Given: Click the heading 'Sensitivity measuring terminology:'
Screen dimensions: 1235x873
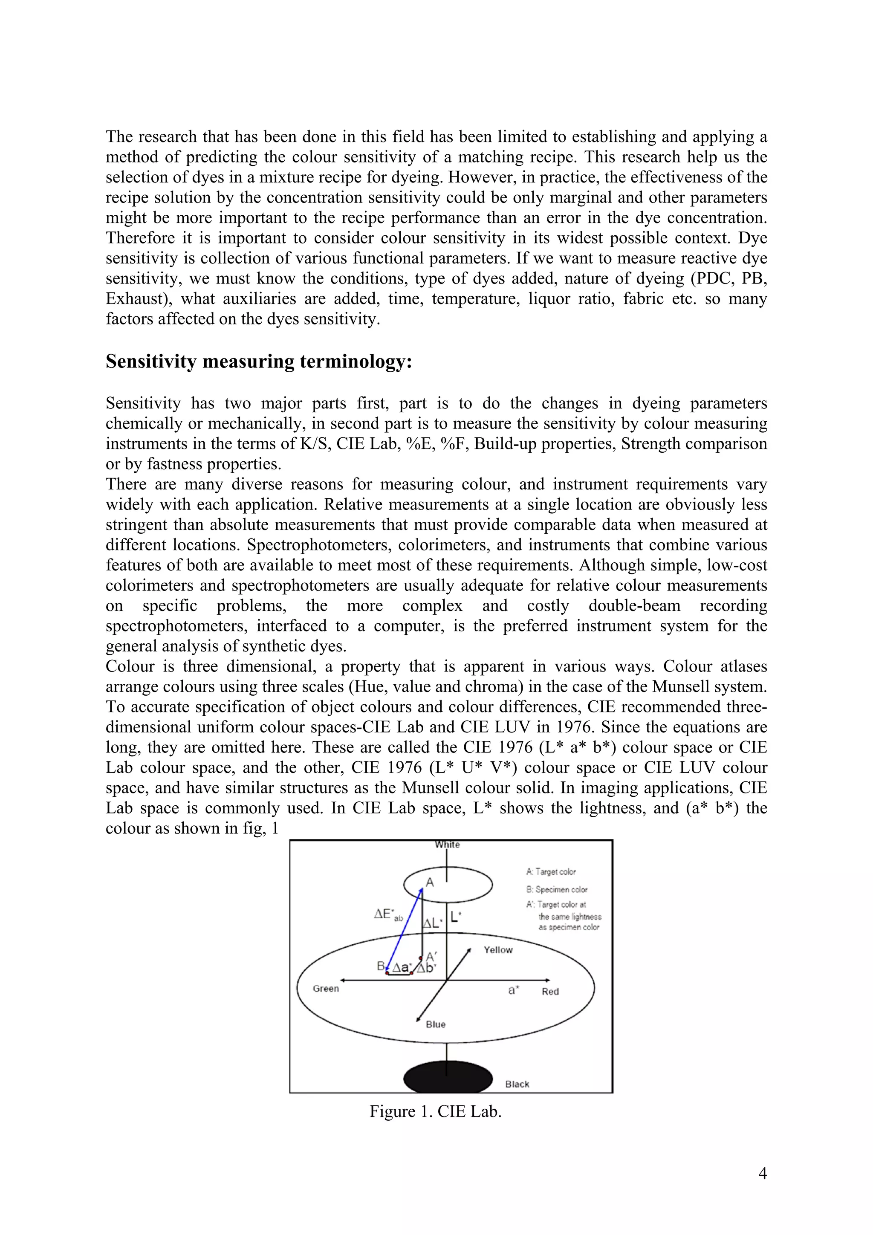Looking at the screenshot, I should tap(259, 362).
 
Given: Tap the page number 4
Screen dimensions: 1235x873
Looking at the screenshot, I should tap(762, 1173).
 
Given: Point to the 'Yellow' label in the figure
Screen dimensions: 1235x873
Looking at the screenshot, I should tap(498, 950).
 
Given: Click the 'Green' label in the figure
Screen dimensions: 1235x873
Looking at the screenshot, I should tap(326, 988).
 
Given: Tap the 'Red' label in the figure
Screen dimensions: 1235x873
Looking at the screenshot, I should tap(550, 991).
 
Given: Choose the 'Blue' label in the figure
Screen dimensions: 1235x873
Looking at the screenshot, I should tap(436, 1024).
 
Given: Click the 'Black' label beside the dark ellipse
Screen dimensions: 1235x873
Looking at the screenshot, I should tap(517, 1084).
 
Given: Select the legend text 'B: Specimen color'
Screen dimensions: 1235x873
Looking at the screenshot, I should tap(557, 890).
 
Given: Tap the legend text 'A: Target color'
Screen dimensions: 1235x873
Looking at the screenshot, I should tap(551, 872).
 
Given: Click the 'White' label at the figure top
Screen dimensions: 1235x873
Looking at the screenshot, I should tap(448, 845).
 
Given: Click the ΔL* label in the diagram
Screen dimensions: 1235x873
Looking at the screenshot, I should tap(433, 923).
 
